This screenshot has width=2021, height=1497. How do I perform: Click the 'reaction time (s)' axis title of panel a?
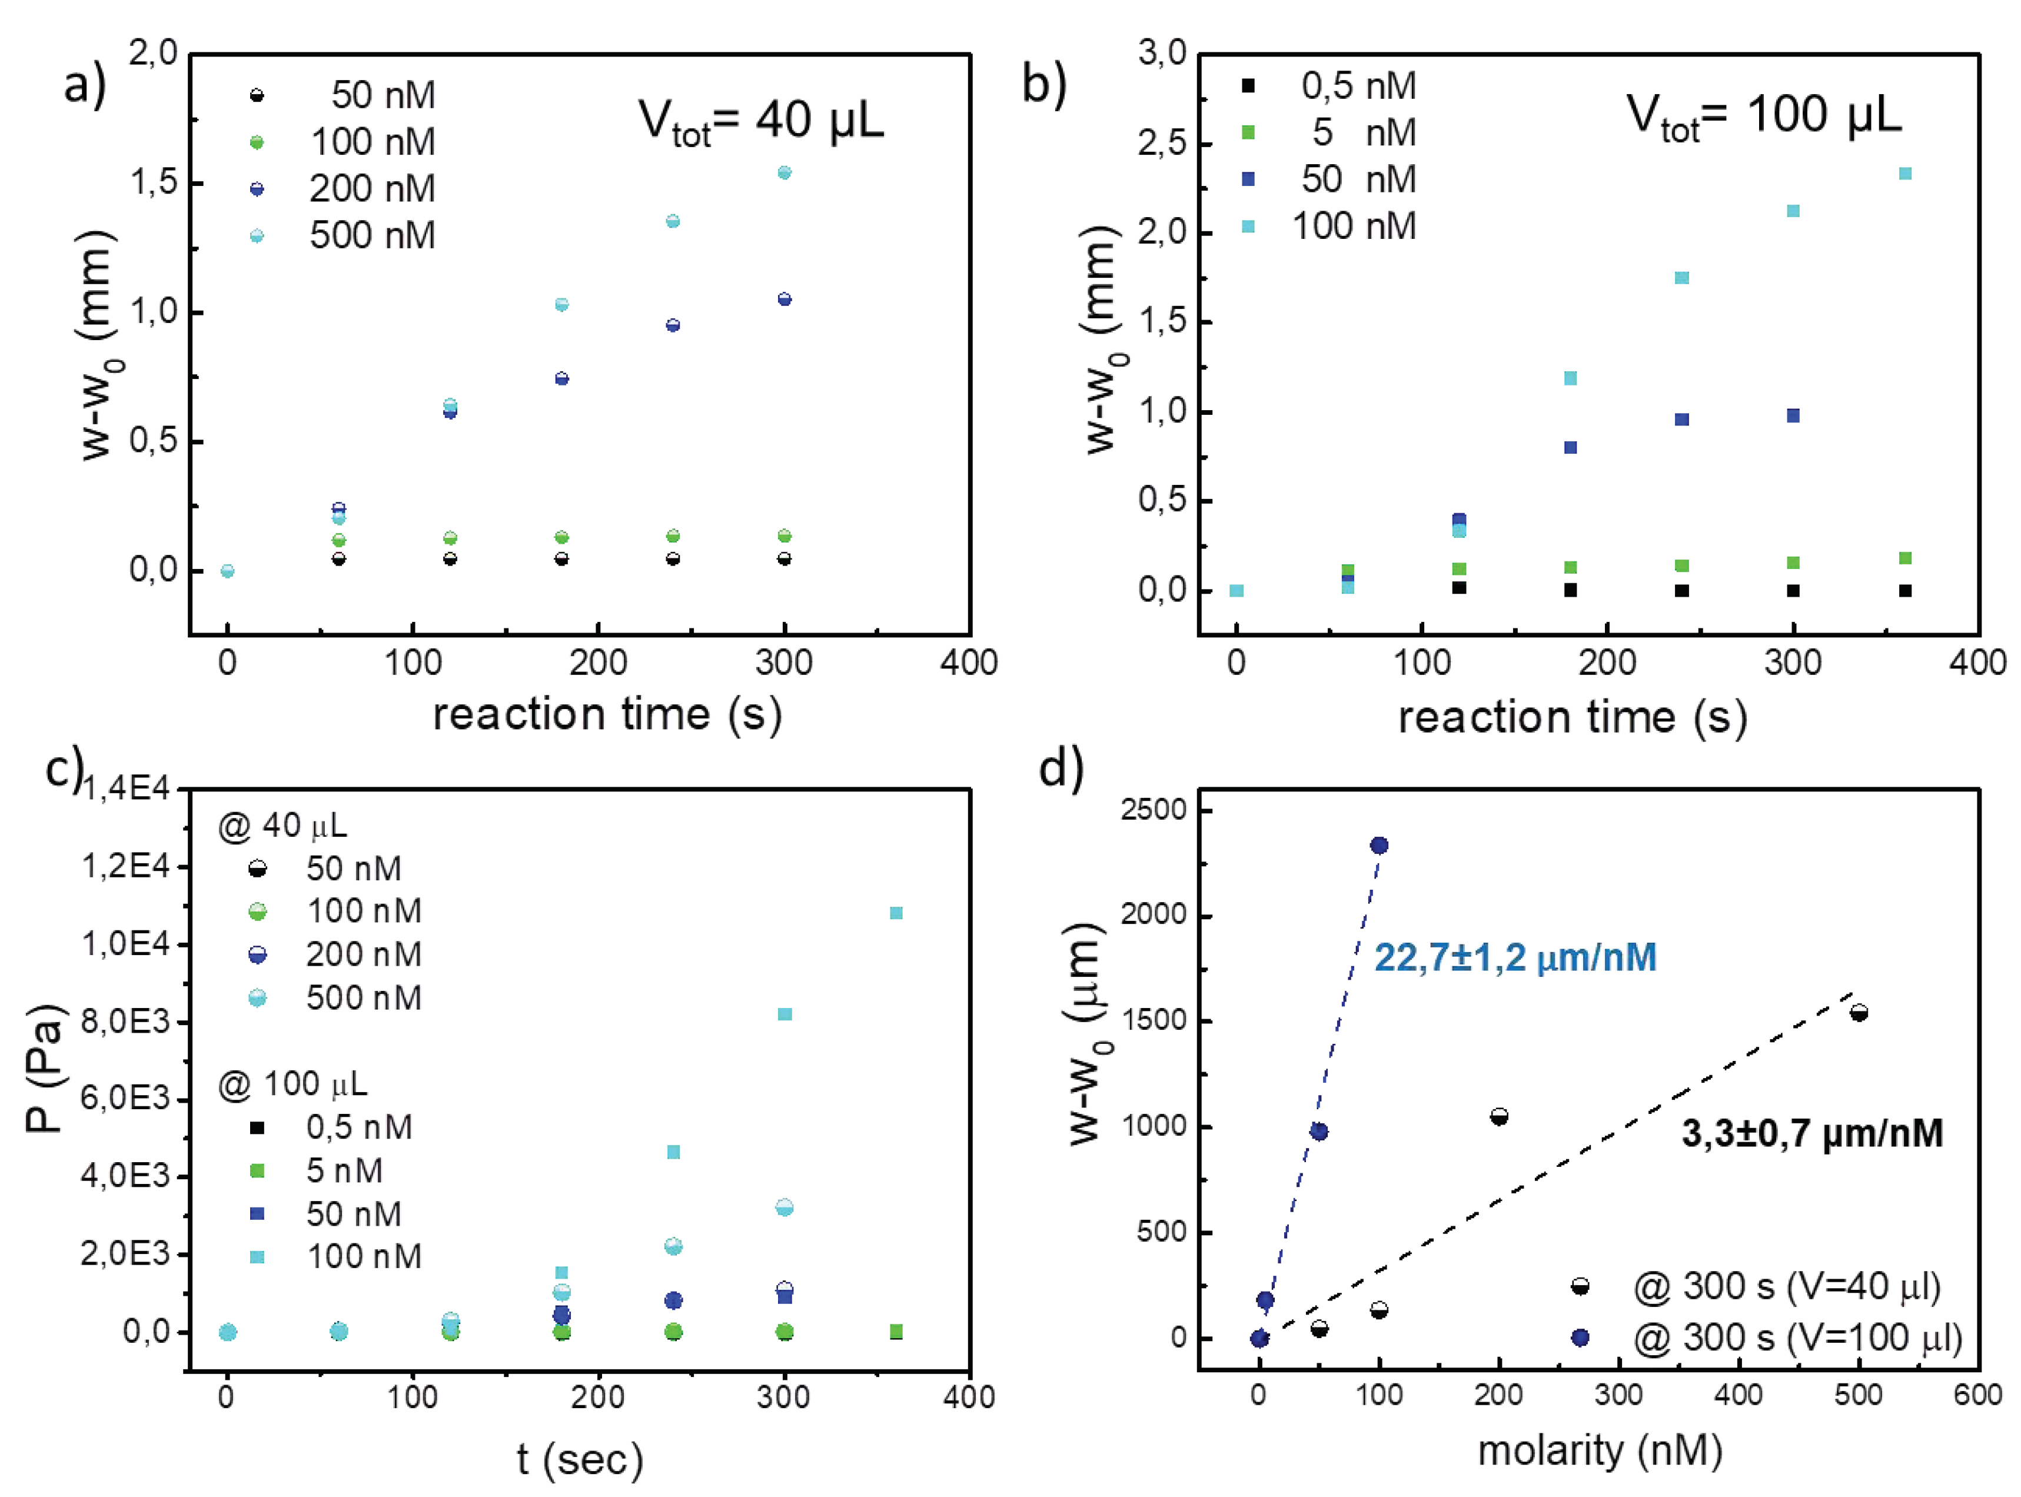pos(607,714)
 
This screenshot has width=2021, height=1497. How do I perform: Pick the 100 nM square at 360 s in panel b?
pos(1905,173)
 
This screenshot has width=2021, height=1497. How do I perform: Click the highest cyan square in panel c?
pos(895,913)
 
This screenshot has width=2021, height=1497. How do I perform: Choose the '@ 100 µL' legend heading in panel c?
pos(292,1084)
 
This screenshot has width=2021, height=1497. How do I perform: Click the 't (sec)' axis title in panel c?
pos(580,1459)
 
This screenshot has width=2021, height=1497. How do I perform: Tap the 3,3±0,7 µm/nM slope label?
pos(1811,1133)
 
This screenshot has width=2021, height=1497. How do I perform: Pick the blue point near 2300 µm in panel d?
pos(1378,846)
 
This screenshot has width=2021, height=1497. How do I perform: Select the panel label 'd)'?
pos(1061,769)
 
